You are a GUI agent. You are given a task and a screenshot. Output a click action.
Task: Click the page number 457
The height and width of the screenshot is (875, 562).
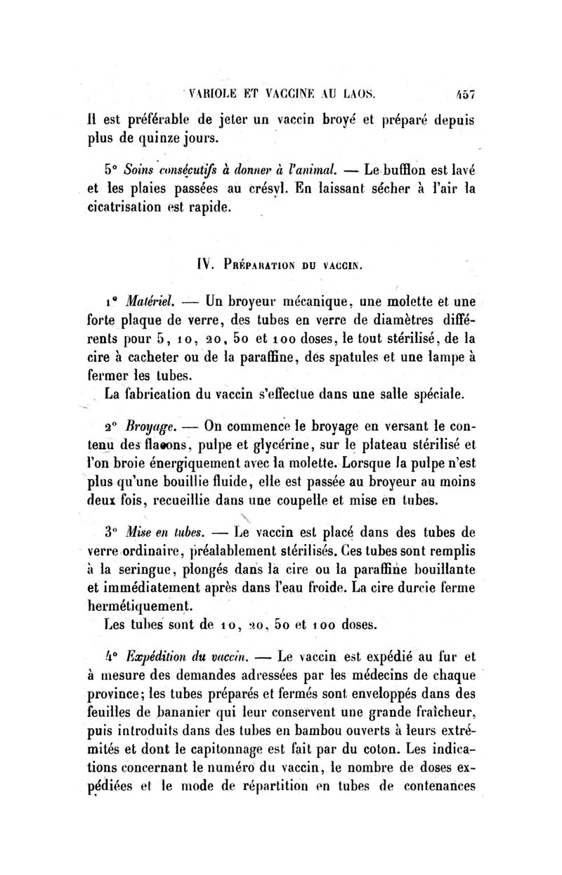(464, 91)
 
